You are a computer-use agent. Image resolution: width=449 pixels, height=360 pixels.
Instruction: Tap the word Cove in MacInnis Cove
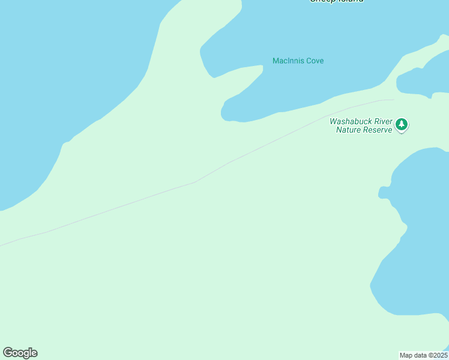coord(315,61)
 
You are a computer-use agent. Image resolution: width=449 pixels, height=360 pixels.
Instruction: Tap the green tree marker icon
coord(402,125)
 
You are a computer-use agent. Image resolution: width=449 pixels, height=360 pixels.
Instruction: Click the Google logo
coord(20,353)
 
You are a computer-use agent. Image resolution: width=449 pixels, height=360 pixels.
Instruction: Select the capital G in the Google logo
coord(8,352)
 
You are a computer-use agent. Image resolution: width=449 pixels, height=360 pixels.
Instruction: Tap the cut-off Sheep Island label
coord(336,1)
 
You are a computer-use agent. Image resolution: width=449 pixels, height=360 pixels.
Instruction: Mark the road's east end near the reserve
coord(393,100)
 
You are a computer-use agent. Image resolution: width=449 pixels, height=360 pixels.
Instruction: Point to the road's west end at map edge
coord(1,245)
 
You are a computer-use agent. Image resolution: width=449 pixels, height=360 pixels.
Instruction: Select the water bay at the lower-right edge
coord(420,240)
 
